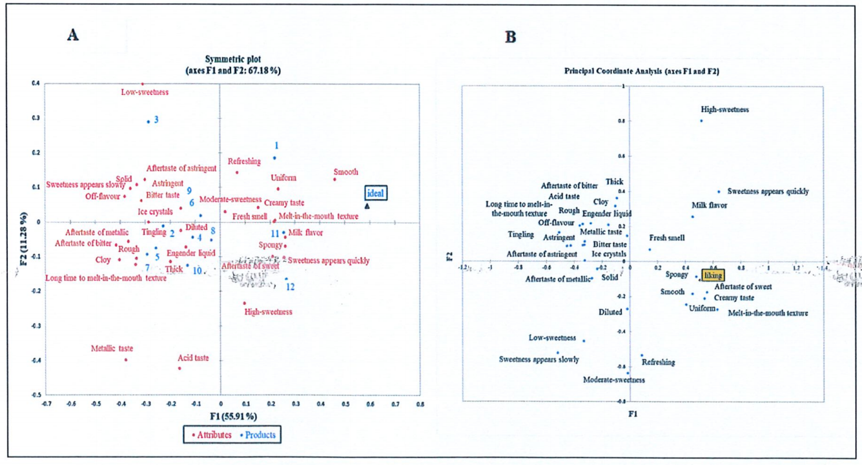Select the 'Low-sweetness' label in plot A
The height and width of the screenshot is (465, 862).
tap(145, 92)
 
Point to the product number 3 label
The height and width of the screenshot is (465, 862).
tap(156, 119)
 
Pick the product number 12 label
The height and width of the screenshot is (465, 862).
tap(291, 287)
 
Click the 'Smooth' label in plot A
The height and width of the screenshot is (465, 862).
tap(345, 172)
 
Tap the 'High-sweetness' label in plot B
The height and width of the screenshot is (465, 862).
tap(725, 110)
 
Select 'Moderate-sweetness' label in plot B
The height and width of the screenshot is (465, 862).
tap(613, 380)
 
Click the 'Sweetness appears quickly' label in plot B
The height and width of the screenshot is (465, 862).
tap(768, 191)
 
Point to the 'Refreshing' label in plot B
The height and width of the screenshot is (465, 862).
tap(658, 362)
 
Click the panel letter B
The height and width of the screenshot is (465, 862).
tap(510, 37)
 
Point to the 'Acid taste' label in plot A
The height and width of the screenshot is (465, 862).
tap(193, 358)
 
